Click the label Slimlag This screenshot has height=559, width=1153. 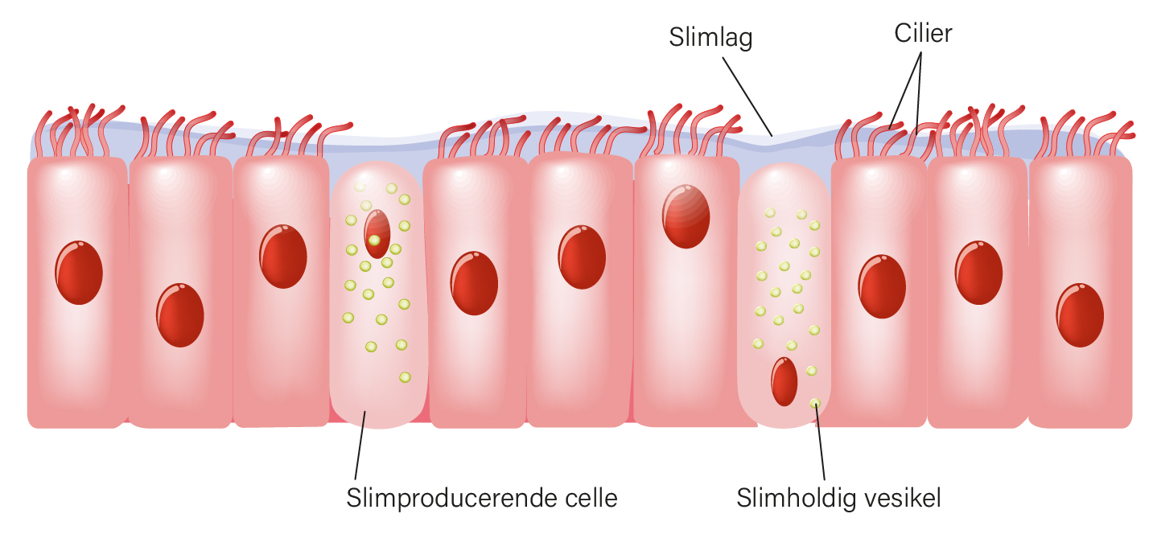(x=710, y=38)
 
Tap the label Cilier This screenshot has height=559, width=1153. (x=923, y=34)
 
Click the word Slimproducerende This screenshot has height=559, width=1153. (x=446, y=498)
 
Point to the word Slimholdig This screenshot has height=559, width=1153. (x=795, y=498)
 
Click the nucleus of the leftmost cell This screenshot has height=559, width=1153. (x=79, y=273)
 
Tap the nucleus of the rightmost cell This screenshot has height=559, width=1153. (x=1080, y=315)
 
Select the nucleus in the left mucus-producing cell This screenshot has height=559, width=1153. (x=377, y=234)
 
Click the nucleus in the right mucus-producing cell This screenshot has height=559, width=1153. (x=784, y=381)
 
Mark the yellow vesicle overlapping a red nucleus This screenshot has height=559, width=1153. (x=374, y=240)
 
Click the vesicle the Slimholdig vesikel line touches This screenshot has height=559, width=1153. (x=815, y=404)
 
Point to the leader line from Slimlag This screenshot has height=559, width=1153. (x=747, y=97)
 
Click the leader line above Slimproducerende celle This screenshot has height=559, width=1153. (x=360, y=446)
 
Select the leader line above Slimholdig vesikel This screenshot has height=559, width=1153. (x=820, y=442)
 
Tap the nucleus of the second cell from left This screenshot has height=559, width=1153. (x=180, y=315)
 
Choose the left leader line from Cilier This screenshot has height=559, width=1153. (x=905, y=90)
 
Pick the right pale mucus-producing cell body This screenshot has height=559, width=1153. (x=784, y=296)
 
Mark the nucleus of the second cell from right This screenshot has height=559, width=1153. (x=978, y=273)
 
